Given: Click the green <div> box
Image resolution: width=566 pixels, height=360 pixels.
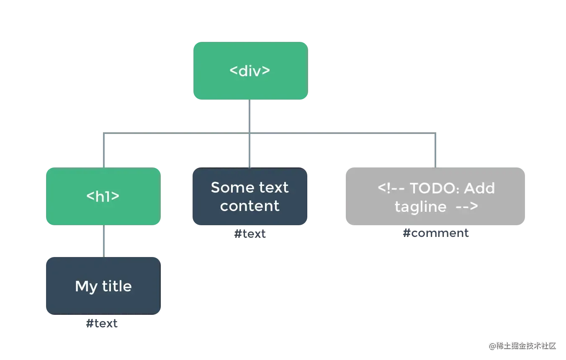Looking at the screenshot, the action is (x=251, y=71).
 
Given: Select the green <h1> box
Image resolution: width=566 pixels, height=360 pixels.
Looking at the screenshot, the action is (x=103, y=196).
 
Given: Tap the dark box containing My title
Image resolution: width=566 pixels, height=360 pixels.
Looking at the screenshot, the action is (x=103, y=286).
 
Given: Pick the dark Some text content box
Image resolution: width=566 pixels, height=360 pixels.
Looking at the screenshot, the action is (x=250, y=196).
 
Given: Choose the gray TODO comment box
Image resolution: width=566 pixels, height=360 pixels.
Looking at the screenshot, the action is (x=435, y=196).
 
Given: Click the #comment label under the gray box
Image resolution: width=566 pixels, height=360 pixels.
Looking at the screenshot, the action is (x=436, y=233).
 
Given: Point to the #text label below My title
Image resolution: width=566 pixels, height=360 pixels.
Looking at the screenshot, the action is (x=102, y=323).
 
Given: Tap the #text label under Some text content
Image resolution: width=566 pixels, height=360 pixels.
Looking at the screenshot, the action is (x=250, y=234).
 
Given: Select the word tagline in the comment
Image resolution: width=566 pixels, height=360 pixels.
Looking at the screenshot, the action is (x=421, y=207).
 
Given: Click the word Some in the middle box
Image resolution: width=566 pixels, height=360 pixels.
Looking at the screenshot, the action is (x=232, y=188).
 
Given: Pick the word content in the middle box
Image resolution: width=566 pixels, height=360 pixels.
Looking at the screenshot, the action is (x=250, y=206).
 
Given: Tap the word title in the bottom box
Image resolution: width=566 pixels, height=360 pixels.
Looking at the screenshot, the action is (x=117, y=286).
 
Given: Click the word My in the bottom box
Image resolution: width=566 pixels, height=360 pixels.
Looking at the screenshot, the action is (x=86, y=287).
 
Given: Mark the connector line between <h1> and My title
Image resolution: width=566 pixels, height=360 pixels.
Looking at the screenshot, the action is (x=103, y=241).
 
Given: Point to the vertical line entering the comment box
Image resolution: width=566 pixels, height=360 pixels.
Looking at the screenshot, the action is (x=435, y=150).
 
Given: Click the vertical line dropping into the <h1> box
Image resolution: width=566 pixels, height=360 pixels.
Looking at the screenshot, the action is (x=103, y=150).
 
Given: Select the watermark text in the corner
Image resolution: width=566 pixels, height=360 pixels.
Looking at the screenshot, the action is (x=522, y=346).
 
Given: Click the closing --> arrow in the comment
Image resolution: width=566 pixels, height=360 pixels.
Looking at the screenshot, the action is (x=467, y=206).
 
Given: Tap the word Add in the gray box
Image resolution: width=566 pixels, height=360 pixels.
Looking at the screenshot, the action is (x=479, y=188).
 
